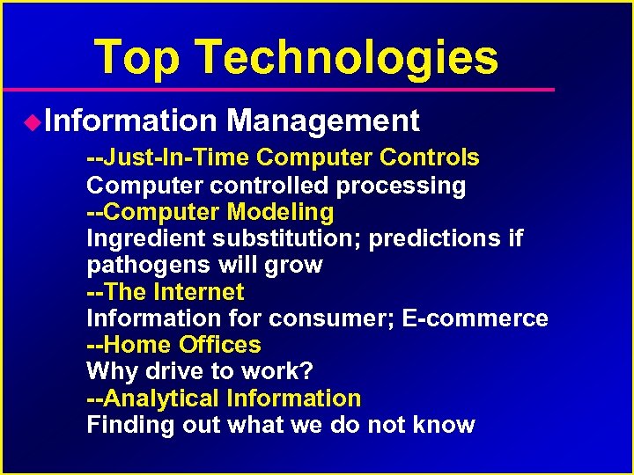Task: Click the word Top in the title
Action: [137, 57]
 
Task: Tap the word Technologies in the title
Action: [347, 57]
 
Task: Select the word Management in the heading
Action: [322, 121]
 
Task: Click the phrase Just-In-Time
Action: [176, 158]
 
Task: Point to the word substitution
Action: [283, 238]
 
